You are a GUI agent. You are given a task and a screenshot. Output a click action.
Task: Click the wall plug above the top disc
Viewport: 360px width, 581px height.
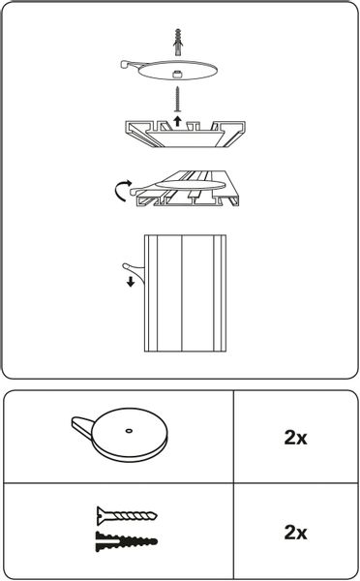pos(178,38)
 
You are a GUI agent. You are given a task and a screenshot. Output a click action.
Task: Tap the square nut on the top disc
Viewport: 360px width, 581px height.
pos(177,74)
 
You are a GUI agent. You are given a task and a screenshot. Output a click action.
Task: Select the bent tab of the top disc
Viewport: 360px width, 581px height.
pos(128,65)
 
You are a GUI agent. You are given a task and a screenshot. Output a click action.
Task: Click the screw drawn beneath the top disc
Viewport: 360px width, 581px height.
pos(178,99)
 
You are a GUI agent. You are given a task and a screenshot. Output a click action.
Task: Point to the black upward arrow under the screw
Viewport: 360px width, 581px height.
pos(178,120)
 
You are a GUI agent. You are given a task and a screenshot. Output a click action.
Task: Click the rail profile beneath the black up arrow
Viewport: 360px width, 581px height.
pos(185,134)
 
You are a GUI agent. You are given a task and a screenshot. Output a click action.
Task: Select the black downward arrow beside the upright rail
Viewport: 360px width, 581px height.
pos(131,282)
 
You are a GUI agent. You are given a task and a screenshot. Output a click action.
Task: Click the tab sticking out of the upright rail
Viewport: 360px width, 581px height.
pos(134,270)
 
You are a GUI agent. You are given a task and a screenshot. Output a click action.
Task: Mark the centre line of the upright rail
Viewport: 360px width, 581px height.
pos(182,292)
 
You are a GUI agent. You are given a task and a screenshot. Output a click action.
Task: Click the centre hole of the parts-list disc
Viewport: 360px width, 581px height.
pos(129,431)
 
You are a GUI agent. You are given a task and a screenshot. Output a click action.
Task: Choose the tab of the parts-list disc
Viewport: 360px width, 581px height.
pos(82,425)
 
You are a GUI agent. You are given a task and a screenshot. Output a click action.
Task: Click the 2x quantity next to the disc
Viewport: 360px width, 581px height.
pos(295,438)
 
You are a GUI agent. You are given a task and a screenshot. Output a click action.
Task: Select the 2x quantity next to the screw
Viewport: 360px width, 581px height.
pos(295,532)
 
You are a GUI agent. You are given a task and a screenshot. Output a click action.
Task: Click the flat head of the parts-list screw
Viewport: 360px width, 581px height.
pos(100,515)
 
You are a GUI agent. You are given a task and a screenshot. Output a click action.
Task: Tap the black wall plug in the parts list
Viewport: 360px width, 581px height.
pos(127,541)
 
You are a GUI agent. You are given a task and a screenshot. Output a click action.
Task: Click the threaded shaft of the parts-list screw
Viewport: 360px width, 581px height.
pos(130,515)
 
